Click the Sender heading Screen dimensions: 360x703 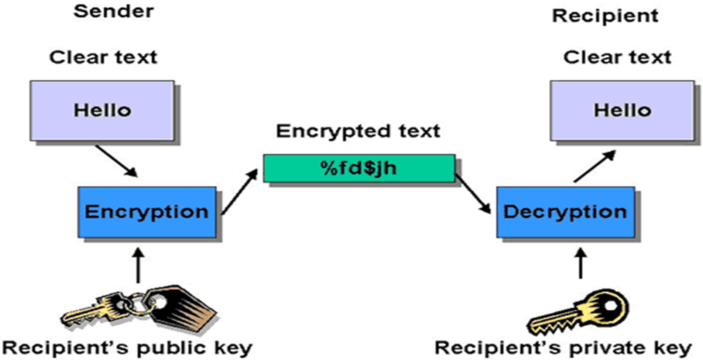point(113,11)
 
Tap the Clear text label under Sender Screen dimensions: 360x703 point(103,57)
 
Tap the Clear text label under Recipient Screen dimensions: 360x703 point(617,57)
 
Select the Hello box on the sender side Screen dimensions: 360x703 point(102,111)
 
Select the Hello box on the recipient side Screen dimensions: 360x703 point(622,111)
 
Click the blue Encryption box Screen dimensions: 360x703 point(147,212)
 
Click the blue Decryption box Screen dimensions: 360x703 point(565,212)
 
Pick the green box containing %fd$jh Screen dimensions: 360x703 point(359,168)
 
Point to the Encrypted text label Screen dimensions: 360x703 point(358,131)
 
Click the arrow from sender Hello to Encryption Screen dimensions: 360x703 point(116,161)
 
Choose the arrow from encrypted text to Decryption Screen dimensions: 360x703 point(472,193)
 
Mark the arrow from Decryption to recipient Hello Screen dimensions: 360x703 point(594,166)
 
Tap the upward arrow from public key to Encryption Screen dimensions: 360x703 point(139,266)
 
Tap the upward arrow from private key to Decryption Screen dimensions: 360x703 point(581,264)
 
